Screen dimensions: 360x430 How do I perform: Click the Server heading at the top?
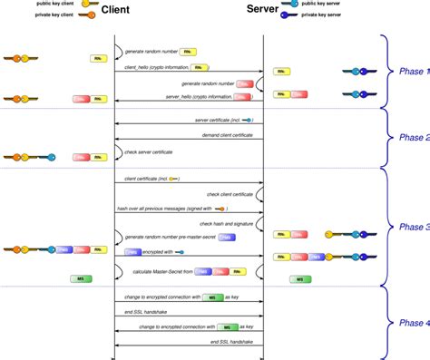(x=262, y=10)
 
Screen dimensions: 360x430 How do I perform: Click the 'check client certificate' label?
(x=229, y=194)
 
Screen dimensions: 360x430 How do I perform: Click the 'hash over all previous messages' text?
(x=160, y=209)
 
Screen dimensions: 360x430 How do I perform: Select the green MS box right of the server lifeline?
(x=299, y=280)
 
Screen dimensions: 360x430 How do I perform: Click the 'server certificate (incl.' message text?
(x=217, y=120)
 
